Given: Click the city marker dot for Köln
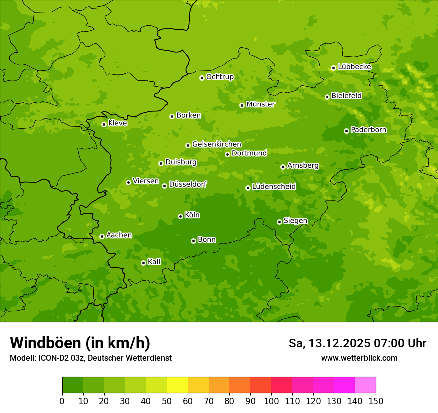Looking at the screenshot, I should [x=180, y=216].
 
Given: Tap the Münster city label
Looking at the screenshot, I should [x=260, y=104].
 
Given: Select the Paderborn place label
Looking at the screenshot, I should [x=368, y=130].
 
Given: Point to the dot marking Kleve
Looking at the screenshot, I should [x=104, y=124].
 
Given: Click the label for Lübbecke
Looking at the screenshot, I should [x=354, y=67].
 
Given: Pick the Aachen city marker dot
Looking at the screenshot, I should [x=102, y=236].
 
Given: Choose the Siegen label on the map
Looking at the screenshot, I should [x=295, y=221].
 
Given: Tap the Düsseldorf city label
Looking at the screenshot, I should [x=187, y=184].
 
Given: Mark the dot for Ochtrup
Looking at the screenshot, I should [x=202, y=78].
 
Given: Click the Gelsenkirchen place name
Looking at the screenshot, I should [x=217, y=144].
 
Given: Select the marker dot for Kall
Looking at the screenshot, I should [x=143, y=263].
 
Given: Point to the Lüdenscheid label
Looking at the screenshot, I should [x=274, y=187].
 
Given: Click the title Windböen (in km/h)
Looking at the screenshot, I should [x=80, y=343].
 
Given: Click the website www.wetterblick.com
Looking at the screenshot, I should [x=359, y=358].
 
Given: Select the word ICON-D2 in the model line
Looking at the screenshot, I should [x=55, y=358].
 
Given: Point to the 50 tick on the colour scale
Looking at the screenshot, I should [x=167, y=401].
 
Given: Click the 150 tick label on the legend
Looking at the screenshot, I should [x=376, y=401].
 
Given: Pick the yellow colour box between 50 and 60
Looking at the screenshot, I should [x=177, y=385].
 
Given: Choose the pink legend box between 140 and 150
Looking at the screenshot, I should [x=365, y=385].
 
